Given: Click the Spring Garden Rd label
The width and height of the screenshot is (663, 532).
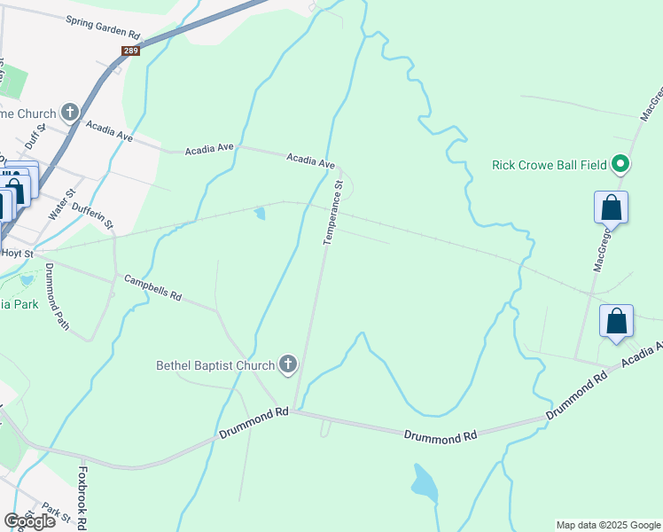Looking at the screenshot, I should tap(103, 27).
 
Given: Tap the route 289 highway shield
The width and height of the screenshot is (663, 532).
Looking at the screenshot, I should tap(130, 51).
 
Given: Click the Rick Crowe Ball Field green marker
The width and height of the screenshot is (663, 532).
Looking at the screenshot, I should tap(621, 165).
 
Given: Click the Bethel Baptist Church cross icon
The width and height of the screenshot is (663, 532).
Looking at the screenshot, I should tap(287, 364).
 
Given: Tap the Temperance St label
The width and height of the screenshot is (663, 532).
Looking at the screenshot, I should tap(332, 213).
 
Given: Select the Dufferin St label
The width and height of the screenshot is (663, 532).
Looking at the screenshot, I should tap(93, 214).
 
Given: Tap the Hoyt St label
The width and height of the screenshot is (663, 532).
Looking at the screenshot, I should tap(17, 253).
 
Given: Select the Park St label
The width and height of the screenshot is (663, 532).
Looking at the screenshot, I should tap(55, 513).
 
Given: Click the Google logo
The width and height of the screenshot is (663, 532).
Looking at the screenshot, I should tap(30, 521).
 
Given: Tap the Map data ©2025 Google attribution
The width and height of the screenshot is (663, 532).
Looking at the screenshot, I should tap(607, 525).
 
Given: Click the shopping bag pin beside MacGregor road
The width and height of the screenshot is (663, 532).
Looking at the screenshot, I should tap(611, 209).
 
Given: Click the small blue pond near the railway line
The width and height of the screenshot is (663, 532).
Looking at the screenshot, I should tap(259, 213).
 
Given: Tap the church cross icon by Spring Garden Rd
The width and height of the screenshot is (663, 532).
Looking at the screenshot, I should tap(70, 113).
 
